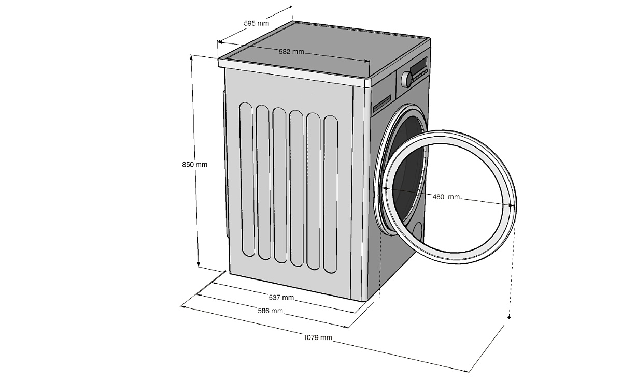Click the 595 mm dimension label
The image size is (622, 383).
point(256,23)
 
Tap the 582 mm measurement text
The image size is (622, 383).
point(291,52)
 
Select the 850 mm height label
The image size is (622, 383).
point(194,165)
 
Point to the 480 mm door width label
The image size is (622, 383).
point(446,197)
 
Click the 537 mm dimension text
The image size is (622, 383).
point(281,298)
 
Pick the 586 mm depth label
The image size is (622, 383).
point(270,311)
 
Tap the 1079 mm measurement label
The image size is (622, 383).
point(318,338)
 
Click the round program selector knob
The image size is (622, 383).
point(406,79)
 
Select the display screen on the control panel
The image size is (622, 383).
point(418,66)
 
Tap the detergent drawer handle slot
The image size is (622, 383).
point(383,102)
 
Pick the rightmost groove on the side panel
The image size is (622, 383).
point(330,194)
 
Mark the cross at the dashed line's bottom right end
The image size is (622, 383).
point(509,317)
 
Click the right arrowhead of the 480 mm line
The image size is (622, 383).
point(513,205)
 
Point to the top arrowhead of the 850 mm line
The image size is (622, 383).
point(192,56)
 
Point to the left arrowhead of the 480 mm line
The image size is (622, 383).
point(384,189)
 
